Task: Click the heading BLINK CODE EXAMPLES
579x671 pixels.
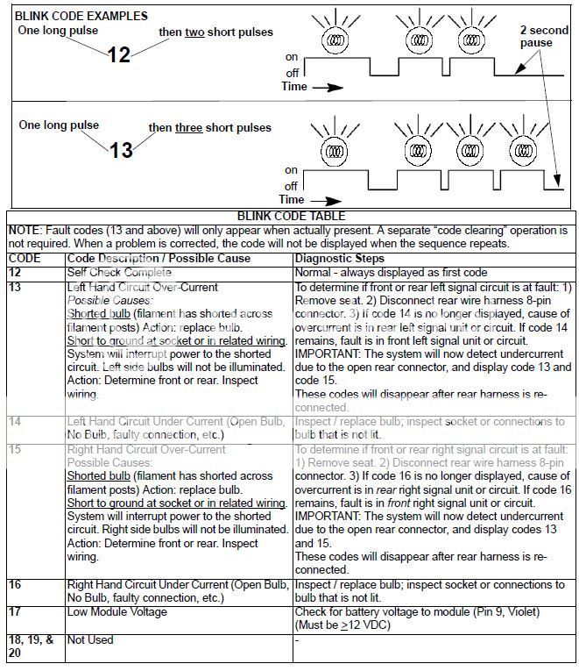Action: point(81,16)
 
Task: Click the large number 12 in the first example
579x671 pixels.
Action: point(118,54)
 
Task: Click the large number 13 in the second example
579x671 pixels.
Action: point(120,149)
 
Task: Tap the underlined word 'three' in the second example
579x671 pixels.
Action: point(187,127)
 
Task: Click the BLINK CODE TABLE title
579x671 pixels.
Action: point(290,216)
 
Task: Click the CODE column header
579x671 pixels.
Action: point(25,259)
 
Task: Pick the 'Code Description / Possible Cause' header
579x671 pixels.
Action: point(159,259)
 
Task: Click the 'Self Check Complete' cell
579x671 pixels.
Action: point(121,273)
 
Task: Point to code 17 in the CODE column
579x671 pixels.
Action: point(16,610)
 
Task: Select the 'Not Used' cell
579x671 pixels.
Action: point(90,639)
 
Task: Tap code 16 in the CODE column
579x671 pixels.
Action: point(16,582)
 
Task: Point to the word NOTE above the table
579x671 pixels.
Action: point(25,229)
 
